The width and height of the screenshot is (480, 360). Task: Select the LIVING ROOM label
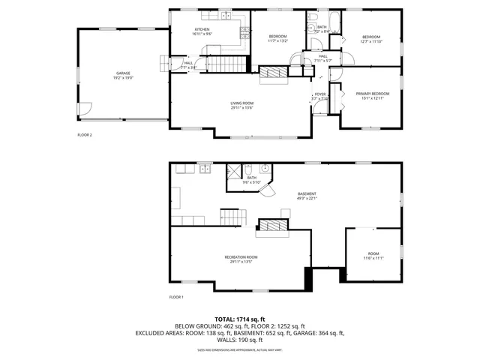click(x=241, y=103)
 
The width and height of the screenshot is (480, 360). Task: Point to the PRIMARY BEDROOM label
click(x=372, y=94)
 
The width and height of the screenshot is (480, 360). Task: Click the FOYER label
click(x=320, y=94)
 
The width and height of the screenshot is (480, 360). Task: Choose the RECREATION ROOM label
click(x=241, y=257)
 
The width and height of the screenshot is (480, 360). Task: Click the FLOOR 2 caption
click(x=85, y=135)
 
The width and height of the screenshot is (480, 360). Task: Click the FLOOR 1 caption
click(x=177, y=297)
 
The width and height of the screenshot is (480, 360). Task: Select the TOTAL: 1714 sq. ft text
click(x=239, y=319)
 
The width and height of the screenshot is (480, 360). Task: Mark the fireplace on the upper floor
click(x=274, y=72)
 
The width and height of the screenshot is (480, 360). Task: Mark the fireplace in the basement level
click(x=272, y=225)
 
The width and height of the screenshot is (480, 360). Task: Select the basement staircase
click(x=234, y=217)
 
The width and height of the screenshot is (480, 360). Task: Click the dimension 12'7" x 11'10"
click(x=372, y=42)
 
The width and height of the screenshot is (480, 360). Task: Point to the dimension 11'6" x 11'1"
click(x=373, y=258)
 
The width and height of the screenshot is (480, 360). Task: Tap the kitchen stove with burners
click(x=244, y=31)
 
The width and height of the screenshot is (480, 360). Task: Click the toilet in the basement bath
click(x=265, y=169)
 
